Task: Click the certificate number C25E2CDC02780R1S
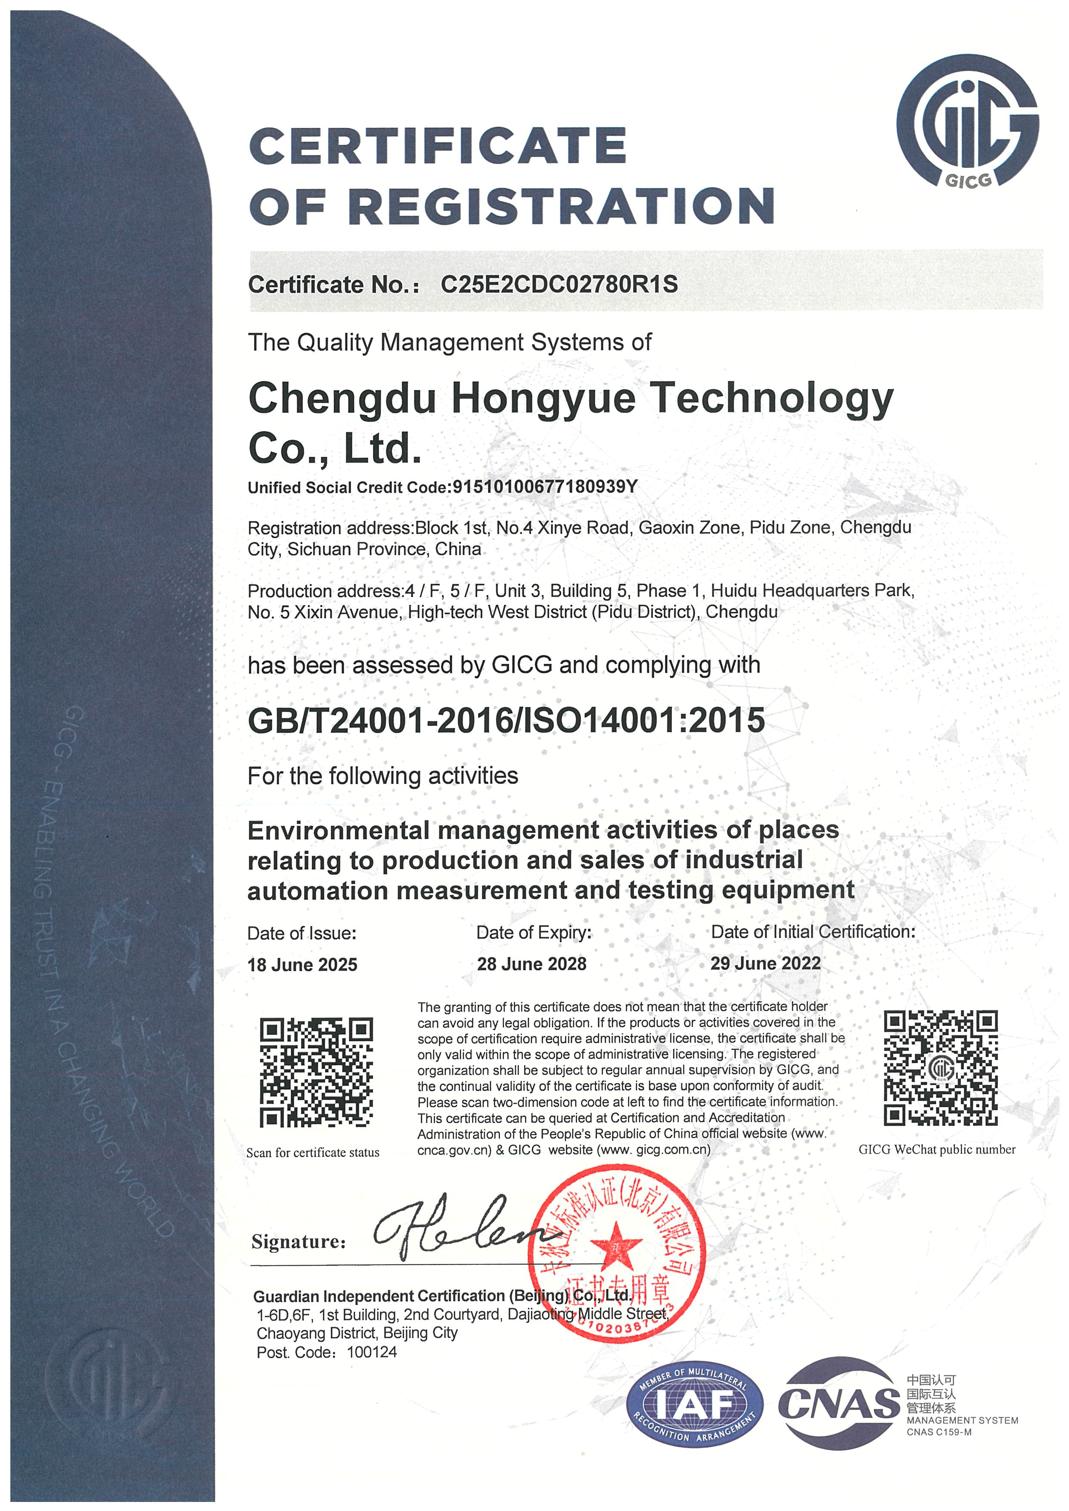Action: (559, 284)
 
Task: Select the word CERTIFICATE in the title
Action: (438, 146)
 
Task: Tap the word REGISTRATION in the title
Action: (561, 205)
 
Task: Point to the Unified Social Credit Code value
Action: (545, 486)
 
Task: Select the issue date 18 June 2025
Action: (302, 965)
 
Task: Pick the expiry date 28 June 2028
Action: (531, 964)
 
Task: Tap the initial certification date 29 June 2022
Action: (765, 963)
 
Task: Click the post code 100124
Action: (372, 1353)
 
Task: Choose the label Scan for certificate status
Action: (313, 1152)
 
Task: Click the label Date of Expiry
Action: (534, 932)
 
